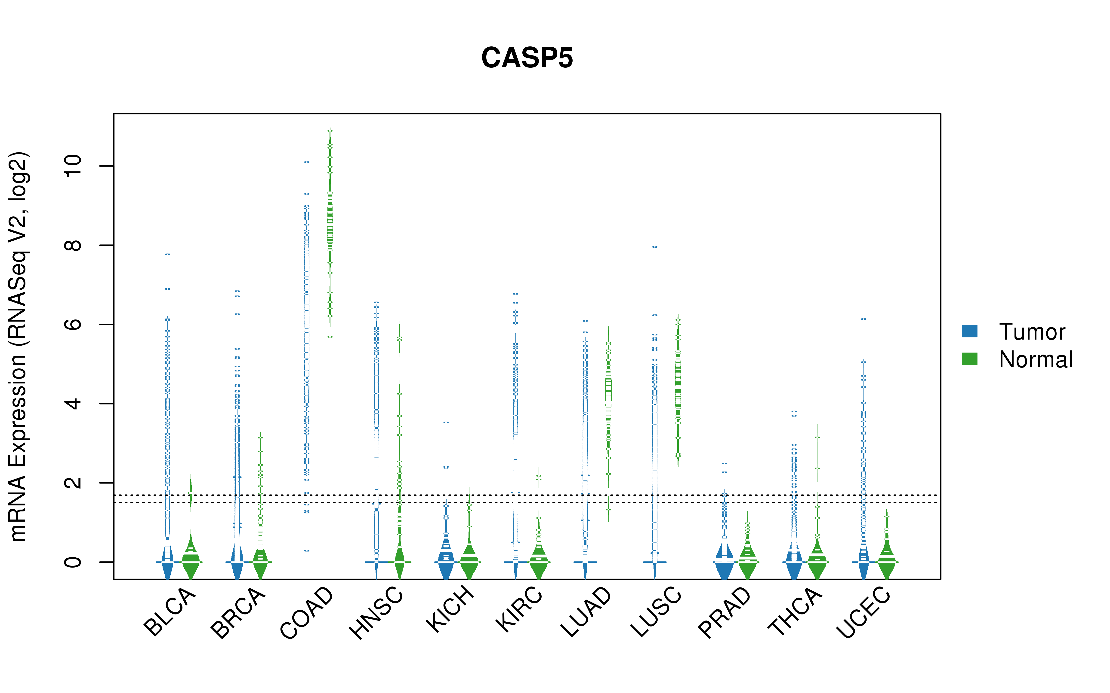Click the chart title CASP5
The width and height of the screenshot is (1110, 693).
(527, 58)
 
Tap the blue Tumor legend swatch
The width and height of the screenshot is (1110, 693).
(970, 331)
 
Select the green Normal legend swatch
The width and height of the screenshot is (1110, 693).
(970, 359)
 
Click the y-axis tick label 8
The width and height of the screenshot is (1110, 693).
(72, 245)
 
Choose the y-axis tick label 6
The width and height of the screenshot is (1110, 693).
(72, 325)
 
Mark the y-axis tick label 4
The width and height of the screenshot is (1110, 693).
(72, 404)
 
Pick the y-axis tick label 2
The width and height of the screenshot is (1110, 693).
(72, 483)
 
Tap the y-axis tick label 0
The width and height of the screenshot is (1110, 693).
(72, 562)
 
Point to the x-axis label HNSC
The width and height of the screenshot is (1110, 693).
(376, 613)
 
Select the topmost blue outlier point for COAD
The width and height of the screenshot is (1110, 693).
(307, 162)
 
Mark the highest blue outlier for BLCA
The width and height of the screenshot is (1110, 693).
(168, 254)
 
